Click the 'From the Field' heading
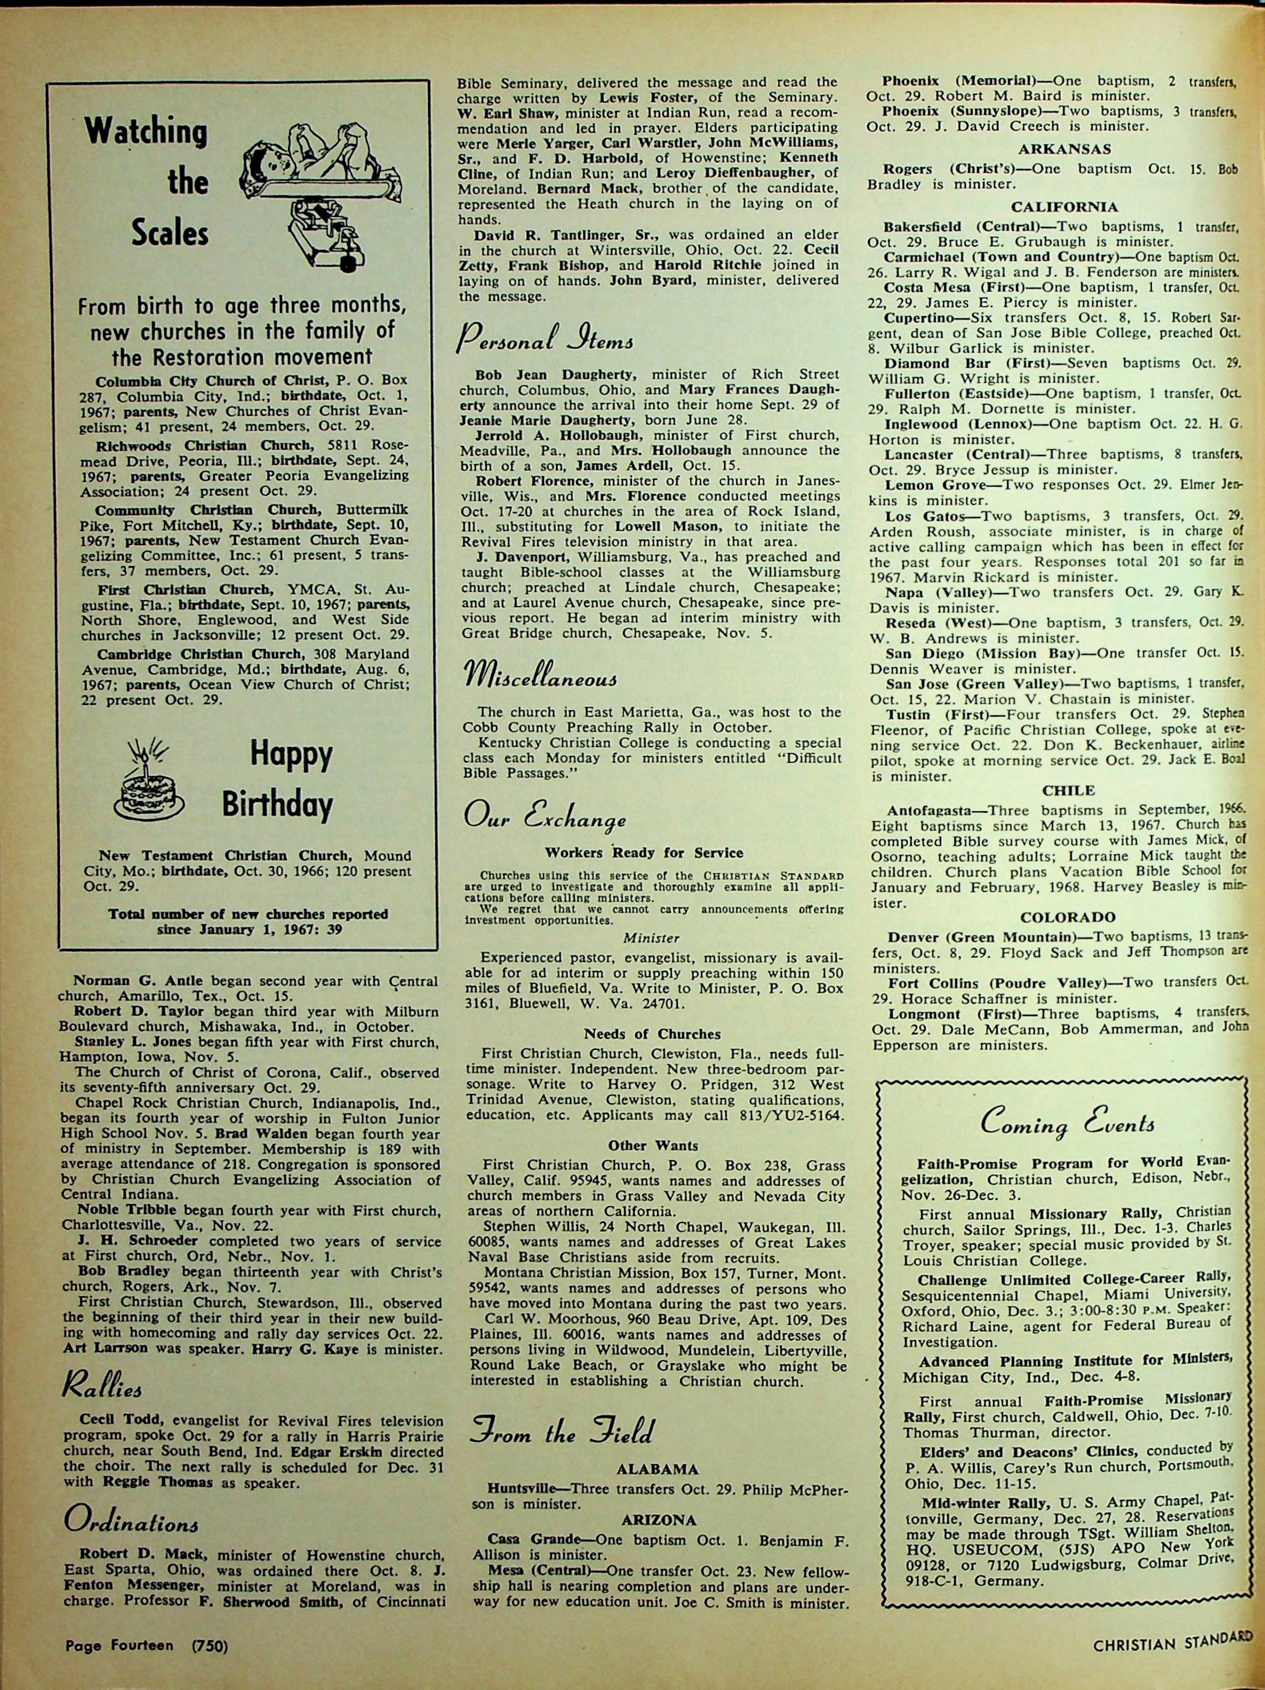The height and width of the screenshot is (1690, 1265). tap(562, 1433)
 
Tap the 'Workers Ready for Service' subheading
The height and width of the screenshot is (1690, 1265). tap(644, 852)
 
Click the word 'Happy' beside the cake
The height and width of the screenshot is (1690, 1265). tap(291, 756)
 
